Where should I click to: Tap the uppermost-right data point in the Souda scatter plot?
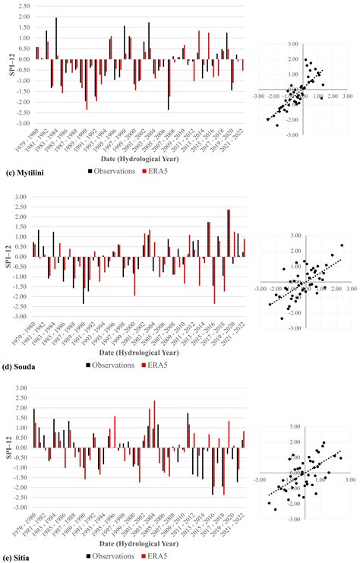click(x=342, y=245)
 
